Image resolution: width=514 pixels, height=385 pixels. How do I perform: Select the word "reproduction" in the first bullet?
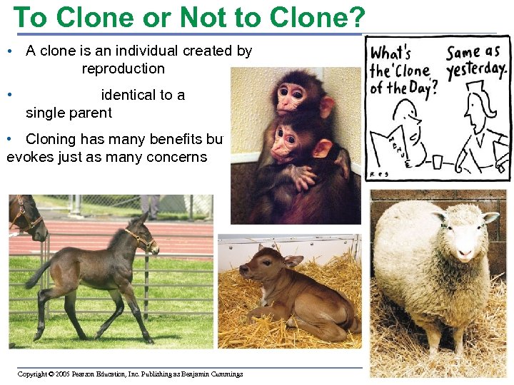[123, 69]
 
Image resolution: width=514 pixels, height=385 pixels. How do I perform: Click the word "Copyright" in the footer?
[32, 374]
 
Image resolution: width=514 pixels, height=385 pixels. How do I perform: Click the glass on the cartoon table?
[437, 162]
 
